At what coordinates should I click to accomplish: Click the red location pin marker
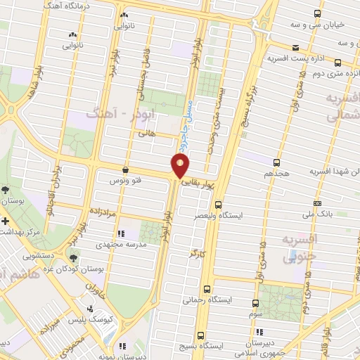coord(181,166)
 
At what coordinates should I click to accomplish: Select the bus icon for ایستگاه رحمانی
coord(207,289)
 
